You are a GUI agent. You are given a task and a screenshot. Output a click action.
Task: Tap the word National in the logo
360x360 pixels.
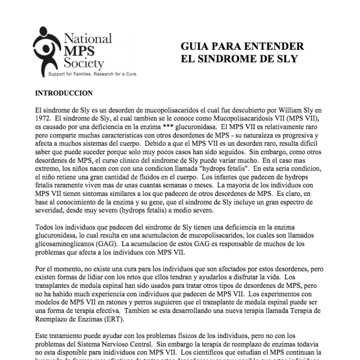click(88, 38)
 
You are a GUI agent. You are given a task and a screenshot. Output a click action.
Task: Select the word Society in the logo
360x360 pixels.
click(84, 62)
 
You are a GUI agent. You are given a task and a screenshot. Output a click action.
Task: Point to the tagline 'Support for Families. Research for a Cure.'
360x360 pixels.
click(93, 74)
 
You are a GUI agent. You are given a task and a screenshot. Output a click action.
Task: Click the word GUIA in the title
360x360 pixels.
click(194, 46)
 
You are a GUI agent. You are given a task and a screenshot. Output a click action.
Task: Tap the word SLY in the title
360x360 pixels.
click(287, 59)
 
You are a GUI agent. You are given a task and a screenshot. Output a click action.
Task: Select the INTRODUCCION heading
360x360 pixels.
click(64, 93)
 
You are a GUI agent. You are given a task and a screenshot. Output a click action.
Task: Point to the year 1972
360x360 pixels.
click(43, 119)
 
